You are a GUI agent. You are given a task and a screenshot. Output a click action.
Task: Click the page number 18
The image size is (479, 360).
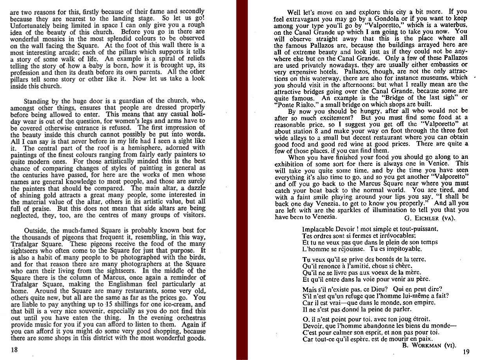[x=14, y=350]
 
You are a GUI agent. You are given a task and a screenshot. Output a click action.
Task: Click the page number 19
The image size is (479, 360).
[x=465, y=351]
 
